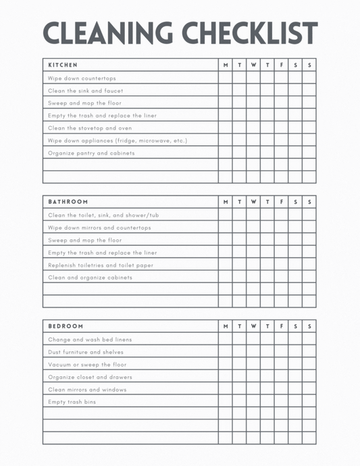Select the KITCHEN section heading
(x=63, y=65)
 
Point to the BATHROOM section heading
(x=68, y=202)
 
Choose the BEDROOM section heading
(x=66, y=326)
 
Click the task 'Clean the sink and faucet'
(x=86, y=90)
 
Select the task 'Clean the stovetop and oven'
(x=90, y=128)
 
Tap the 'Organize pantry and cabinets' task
(x=91, y=153)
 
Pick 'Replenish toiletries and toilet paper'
(x=101, y=265)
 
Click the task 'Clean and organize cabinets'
(x=90, y=278)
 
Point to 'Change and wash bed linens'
(x=90, y=340)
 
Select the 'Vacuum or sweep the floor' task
(x=87, y=365)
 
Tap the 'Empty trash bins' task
(x=72, y=402)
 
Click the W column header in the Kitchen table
(x=253, y=65)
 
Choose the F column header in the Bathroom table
(x=281, y=202)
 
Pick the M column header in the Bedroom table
(x=226, y=326)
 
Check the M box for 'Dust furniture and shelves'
(x=226, y=352)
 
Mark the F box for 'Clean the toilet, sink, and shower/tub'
(x=281, y=215)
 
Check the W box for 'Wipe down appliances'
(x=253, y=140)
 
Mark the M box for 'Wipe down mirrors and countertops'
(x=226, y=228)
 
